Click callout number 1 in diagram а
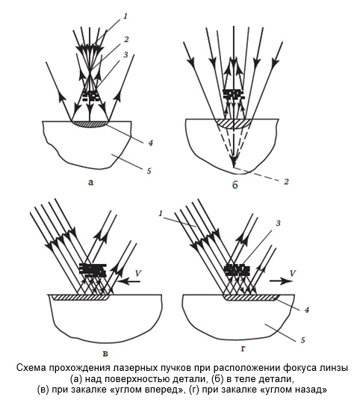point(125,16)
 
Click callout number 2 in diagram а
point(126,40)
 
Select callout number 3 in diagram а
point(125,55)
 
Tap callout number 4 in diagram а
point(150,143)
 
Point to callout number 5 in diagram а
point(149,170)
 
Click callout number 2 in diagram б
point(286,182)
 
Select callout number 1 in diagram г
point(161,213)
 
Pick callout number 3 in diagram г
point(278,223)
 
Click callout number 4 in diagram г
point(307,310)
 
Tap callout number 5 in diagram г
point(303,339)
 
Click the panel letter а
point(90,182)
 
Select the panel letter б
point(235,185)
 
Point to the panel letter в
point(105,354)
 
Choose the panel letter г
point(243,349)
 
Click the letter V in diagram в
point(137,273)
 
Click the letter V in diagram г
point(292,273)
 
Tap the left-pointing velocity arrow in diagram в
point(129,282)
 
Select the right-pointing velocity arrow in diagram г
point(282,281)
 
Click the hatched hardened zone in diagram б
point(232,124)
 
